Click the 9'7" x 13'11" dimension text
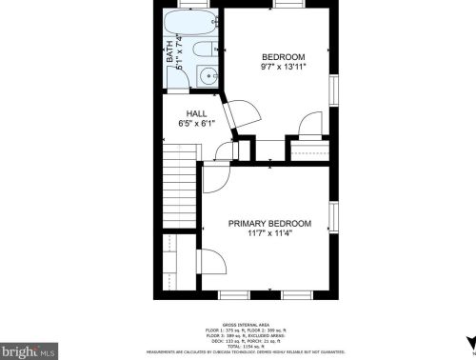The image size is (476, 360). pos(283,67)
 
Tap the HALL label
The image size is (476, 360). pos(196,113)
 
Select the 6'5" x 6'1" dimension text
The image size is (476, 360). pos(196,123)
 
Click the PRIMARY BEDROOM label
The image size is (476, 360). pos(269,223)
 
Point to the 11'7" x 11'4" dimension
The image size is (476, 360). pos(269,233)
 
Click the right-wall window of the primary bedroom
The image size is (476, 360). pos(334,217)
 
